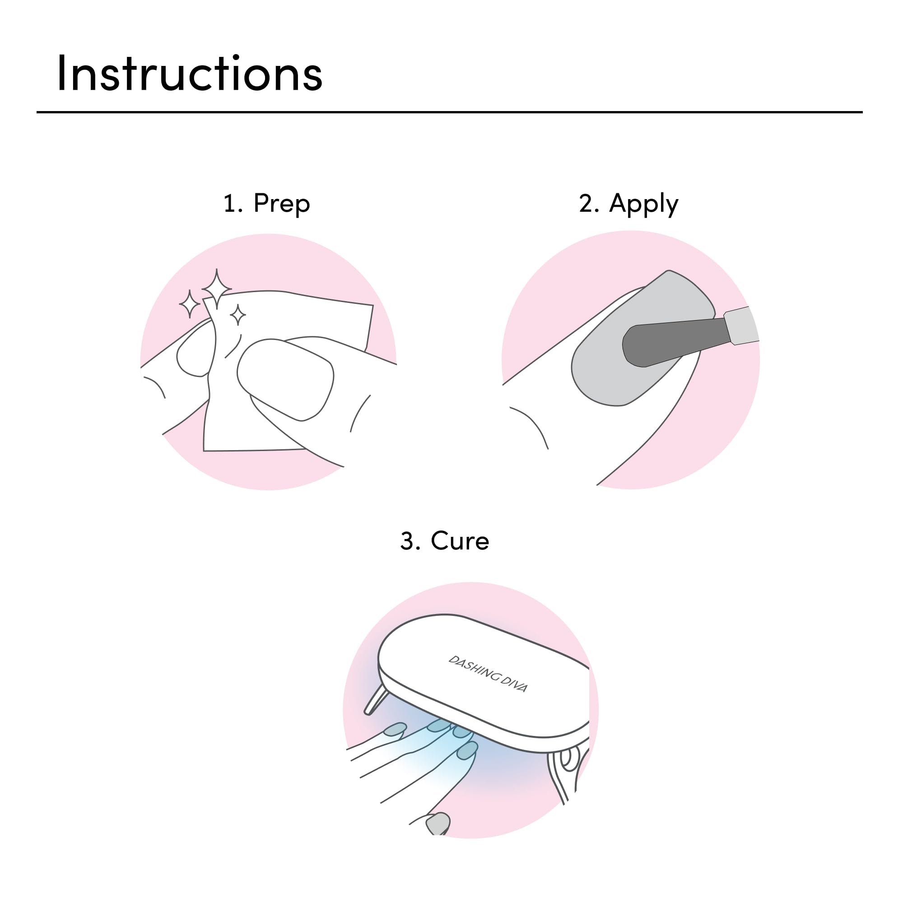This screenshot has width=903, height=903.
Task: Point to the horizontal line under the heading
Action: (449, 112)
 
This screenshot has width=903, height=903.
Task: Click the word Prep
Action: (281, 204)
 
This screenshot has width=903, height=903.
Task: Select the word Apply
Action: (643, 204)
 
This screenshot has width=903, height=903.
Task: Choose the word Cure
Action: (460, 541)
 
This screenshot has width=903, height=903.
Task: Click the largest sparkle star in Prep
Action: (216, 289)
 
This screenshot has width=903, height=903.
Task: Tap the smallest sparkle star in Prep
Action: (238, 315)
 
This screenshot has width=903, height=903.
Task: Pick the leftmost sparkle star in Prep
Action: (190, 304)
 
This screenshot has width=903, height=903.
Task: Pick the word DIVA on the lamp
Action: (514, 685)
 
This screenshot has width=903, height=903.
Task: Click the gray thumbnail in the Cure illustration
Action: (438, 823)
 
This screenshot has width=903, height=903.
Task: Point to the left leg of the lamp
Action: (376, 700)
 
